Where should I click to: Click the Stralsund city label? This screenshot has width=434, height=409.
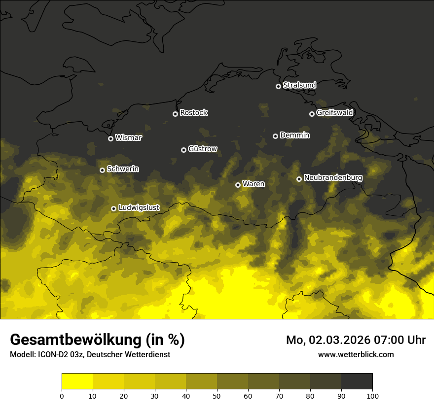point(299,85)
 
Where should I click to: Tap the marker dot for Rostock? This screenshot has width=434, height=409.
point(175,114)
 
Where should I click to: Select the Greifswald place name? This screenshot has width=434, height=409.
point(334,113)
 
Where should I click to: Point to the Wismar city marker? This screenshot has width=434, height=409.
point(110,138)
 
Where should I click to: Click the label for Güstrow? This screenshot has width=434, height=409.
point(203,149)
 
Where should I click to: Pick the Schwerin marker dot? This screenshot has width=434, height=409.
point(102,170)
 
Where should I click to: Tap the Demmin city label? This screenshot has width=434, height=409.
point(294,135)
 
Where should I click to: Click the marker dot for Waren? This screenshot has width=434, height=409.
point(238,185)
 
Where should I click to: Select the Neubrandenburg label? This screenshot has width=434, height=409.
point(333,178)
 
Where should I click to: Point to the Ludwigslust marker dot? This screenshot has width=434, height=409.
point(113,208)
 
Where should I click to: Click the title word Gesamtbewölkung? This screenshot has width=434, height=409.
point(75,340)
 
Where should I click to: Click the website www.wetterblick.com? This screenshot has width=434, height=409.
point(356,354)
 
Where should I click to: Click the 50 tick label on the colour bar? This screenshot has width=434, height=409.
point(217,396)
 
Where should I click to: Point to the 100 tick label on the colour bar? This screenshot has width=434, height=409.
point(372,396)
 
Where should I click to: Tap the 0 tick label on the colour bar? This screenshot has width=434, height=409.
point(62,396)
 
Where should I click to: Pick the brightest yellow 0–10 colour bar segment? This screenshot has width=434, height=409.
point(77,381)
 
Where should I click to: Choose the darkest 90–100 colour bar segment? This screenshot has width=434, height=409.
point(357,381)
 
